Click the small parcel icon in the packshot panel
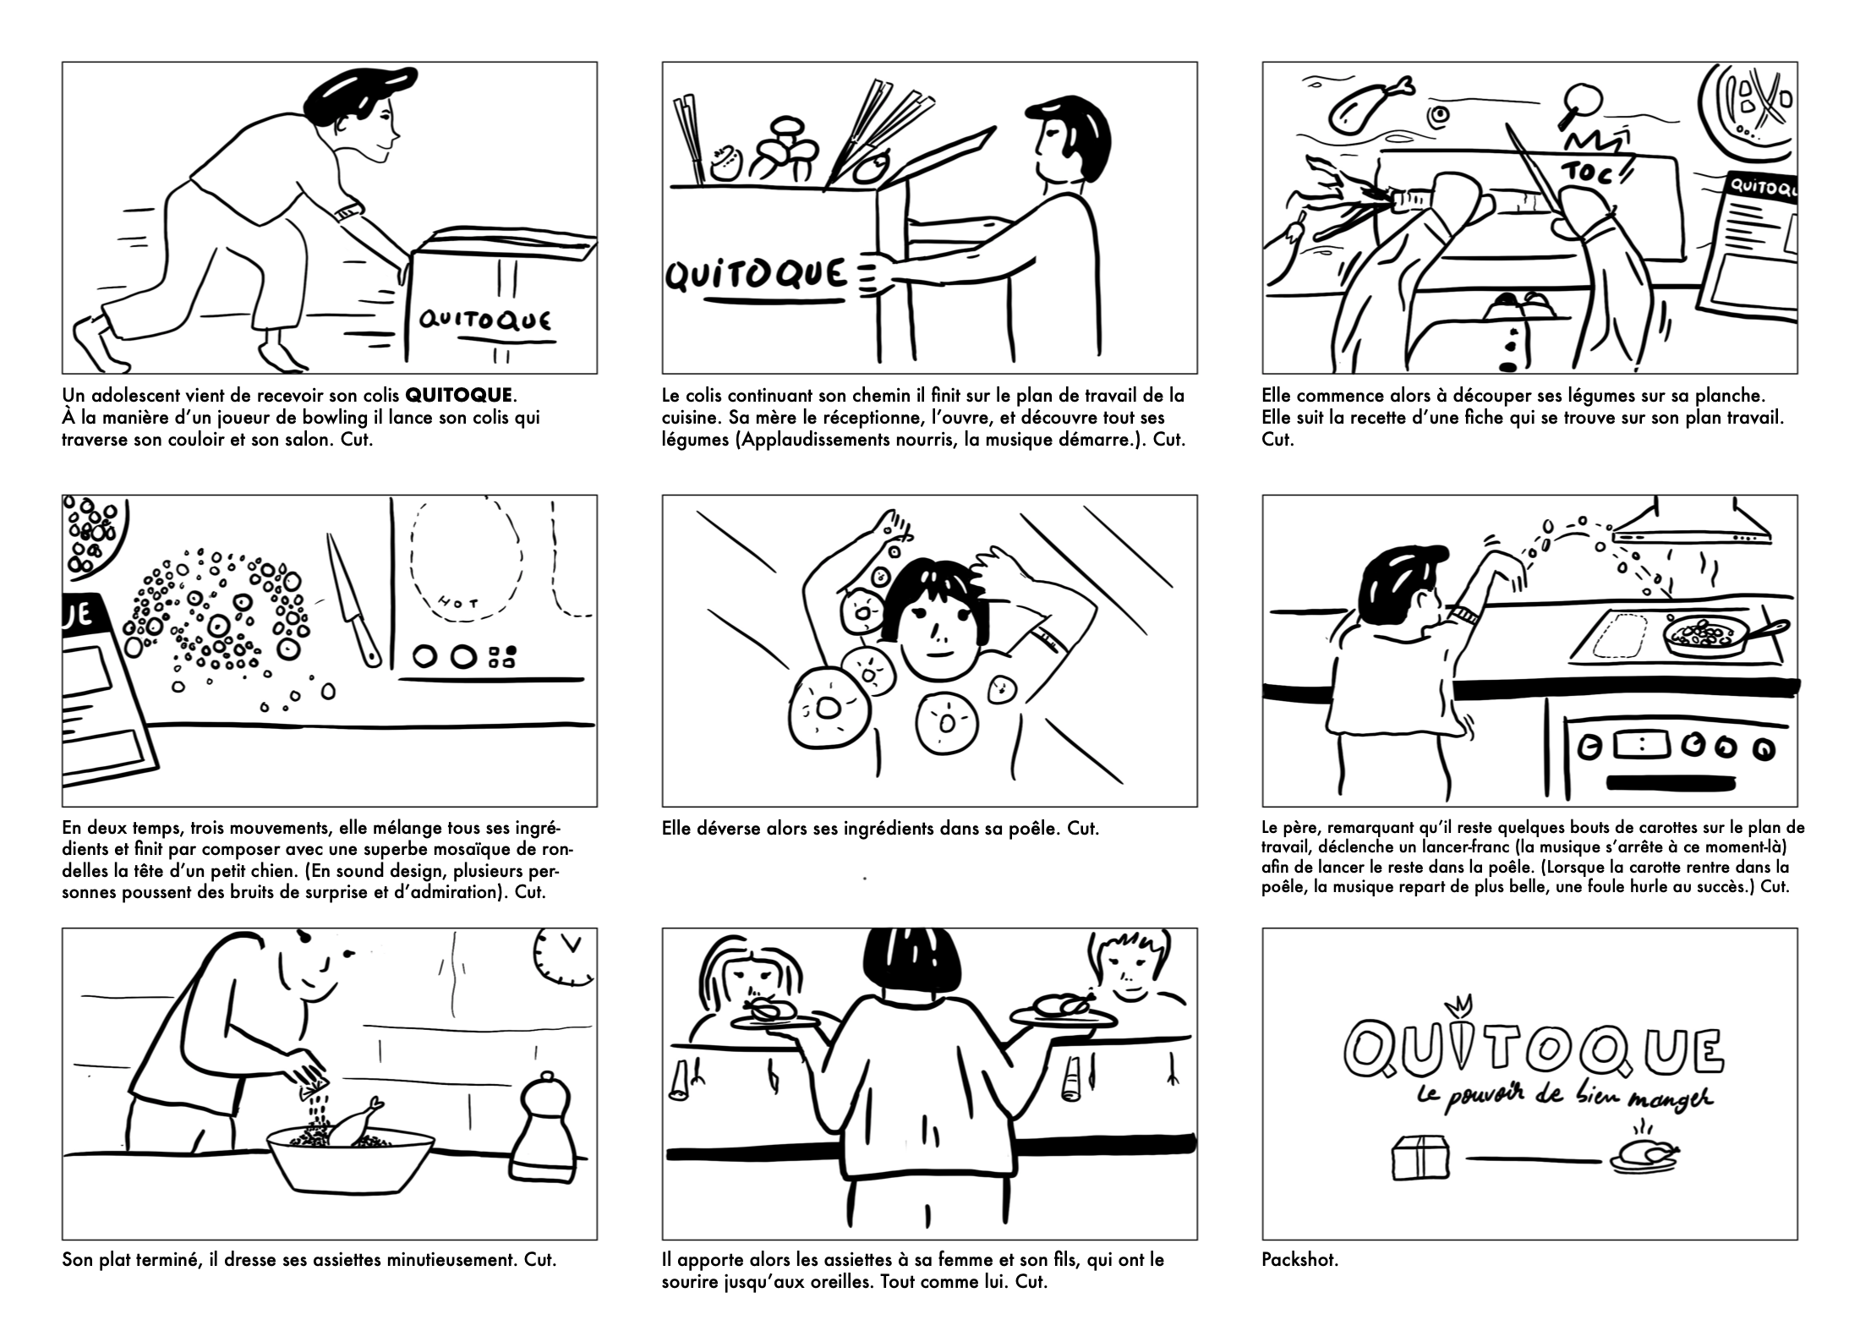tap(1420, 1156)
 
